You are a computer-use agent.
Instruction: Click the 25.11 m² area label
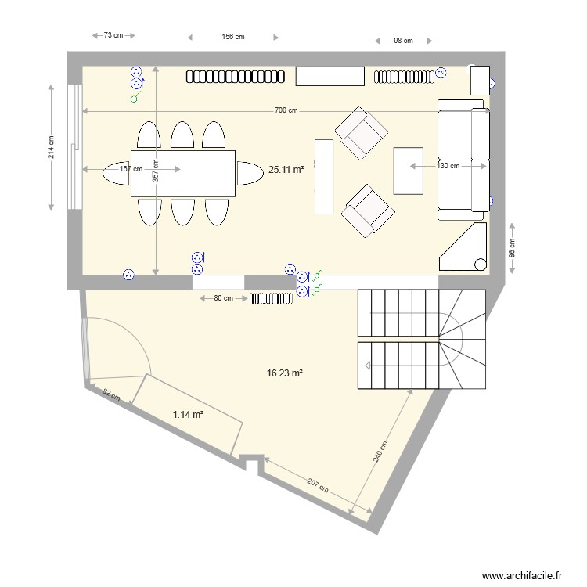(x=286, y=169)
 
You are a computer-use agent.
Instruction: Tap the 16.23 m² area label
(x=284, y=374)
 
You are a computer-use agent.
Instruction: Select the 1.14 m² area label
(x=188, y=415)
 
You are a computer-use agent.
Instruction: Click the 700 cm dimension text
(x=286, y=111)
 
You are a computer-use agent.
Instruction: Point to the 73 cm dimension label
(x=113, y=35)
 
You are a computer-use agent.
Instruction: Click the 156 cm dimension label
(x=233, y=37)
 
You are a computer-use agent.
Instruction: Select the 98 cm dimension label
(x=403, y=41)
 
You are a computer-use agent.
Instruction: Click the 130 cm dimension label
(x=448, y=166)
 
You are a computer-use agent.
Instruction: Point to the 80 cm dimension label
(x=223, y=298)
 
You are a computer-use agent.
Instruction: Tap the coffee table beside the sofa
(x=408, y=170)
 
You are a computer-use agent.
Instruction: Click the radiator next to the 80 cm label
(x=270, y=298)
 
